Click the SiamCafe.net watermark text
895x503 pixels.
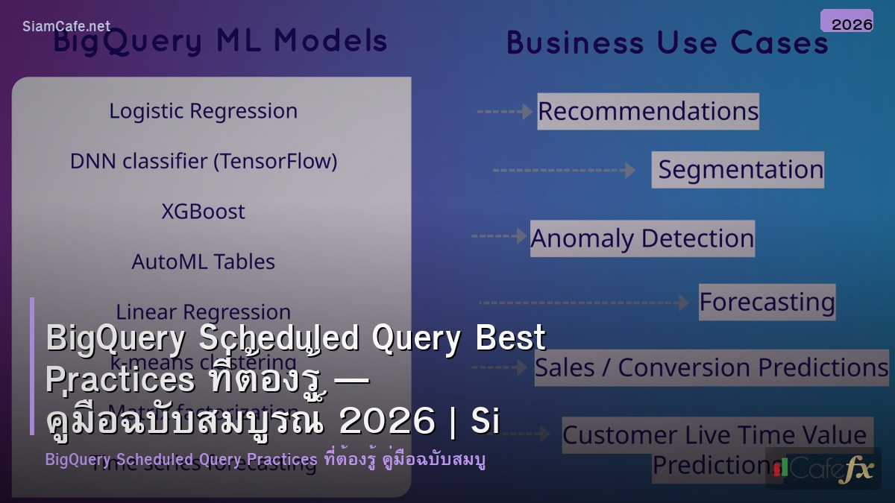[66, 26]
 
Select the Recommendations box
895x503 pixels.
[647, 111]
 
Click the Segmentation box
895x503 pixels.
[738, 170]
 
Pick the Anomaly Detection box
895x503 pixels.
[642, 238]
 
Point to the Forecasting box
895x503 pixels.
[767, 302]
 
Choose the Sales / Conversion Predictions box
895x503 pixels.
[712, 367]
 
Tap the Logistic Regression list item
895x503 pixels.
[203, 111]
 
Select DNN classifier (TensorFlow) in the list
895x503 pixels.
[203, 161]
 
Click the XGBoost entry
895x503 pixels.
[203, 212]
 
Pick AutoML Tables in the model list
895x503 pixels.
[203, 262]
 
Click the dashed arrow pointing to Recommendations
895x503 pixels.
[505, 112]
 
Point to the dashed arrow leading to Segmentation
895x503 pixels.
[564, 171]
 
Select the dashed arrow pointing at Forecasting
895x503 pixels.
[584, 303]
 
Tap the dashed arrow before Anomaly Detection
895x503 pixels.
[499, 236]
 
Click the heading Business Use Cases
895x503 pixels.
[668, 42]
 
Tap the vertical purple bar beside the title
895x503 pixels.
[32, 365]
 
